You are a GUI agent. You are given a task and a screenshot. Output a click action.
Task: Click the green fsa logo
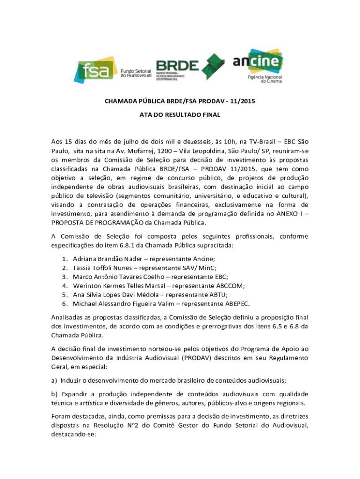click(94, 70)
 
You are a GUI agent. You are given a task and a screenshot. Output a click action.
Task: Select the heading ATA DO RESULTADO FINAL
click(180, 115)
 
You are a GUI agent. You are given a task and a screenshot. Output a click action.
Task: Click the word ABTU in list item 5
click(218, 294)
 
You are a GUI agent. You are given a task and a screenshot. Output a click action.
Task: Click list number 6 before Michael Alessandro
click(64, 303)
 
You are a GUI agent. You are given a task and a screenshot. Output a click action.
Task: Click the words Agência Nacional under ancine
click(265, 76)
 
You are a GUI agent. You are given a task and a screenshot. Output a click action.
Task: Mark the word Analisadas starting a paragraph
click(69, 318)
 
